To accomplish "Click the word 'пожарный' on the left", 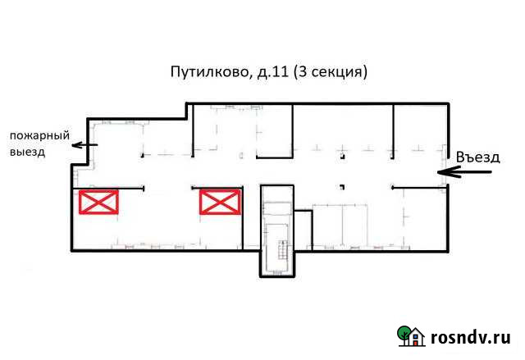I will (38, 135).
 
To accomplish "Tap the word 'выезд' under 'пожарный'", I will (28, 152).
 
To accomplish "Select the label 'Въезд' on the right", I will (478, 157).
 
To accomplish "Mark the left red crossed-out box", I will (98, 202).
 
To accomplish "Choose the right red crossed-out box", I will (220, 202).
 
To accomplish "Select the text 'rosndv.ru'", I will (470, 337).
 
